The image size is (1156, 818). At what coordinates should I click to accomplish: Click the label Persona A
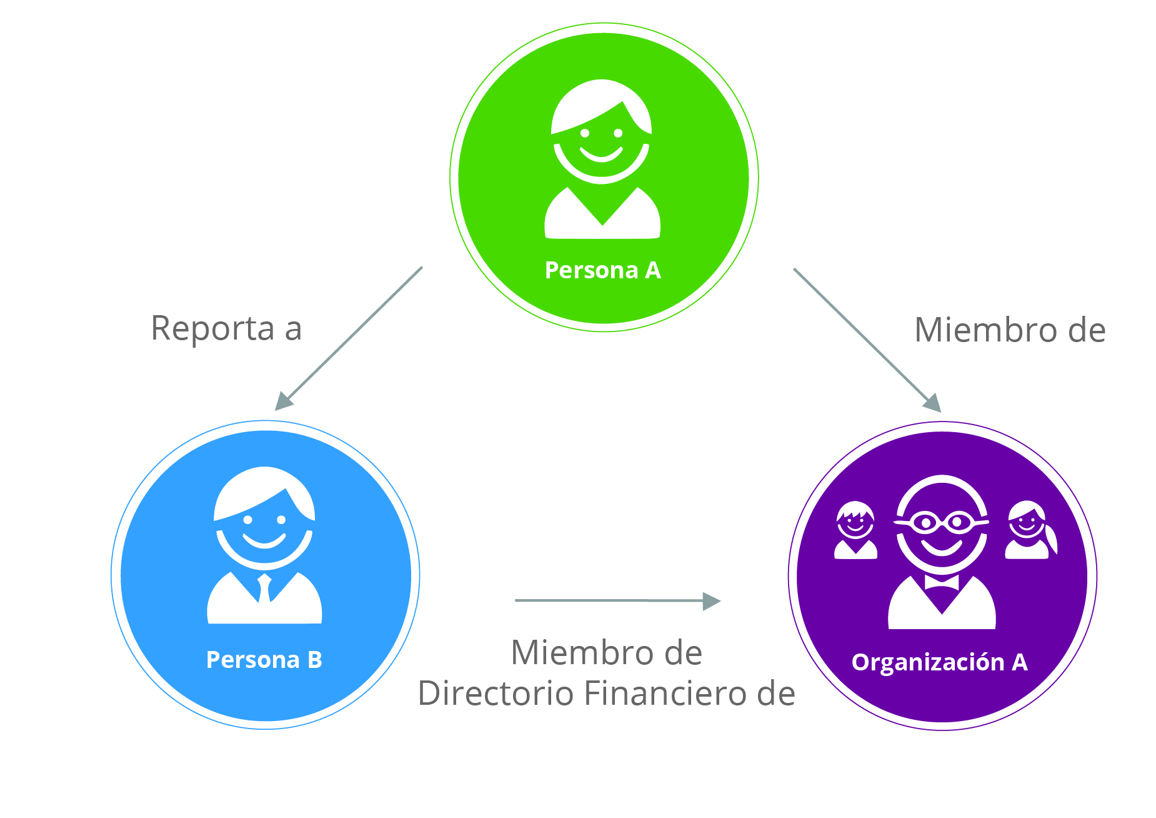(602, 270)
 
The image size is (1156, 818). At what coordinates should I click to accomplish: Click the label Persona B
(264, 660)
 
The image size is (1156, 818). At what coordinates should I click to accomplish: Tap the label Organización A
(939, 662)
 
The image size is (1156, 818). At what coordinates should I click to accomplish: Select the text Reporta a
(226, 328)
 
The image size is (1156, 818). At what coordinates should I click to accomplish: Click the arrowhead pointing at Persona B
(284, 401)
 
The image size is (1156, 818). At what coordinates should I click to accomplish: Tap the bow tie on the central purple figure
(942, 583)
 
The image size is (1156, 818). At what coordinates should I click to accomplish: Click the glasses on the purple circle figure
(942, 522)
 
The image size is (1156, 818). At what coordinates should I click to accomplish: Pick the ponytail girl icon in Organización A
(1029, 530)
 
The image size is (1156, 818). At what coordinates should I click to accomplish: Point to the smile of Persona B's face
(264, 541)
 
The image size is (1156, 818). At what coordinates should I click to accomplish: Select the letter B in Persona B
(314, 660)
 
